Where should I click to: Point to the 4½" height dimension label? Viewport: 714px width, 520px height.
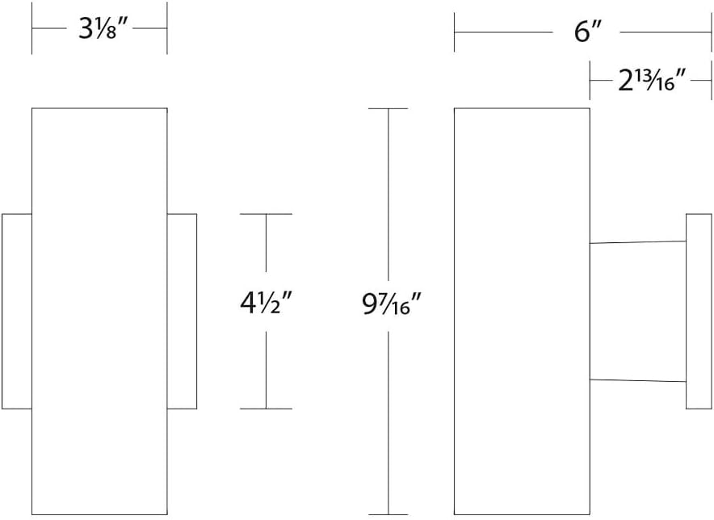click(x=267, y=306)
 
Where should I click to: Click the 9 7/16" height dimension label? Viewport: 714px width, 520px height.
click(x=389, y=306)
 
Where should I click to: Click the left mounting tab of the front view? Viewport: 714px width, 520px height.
click(x=16, y=311)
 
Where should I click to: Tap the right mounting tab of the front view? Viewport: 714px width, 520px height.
click(x=182, y=311)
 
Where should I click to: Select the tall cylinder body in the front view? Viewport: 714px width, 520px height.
click(x=99, y=311)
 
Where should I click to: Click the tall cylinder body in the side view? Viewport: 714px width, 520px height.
click(x=522, y=311)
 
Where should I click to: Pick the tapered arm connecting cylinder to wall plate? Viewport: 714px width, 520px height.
click(x=637, y=311)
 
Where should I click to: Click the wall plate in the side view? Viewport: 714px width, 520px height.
click(x=698, y=311)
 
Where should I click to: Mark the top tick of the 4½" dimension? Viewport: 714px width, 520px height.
click(x=267, y=214)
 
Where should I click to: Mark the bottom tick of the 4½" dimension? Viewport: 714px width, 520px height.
click(x=267, y=409)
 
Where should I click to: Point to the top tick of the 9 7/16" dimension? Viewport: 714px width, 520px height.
click(x=389, y=108)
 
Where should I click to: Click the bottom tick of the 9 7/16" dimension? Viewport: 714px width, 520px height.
click(x=389, y=514)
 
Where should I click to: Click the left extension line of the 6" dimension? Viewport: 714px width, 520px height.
click(x=455, y=33)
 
